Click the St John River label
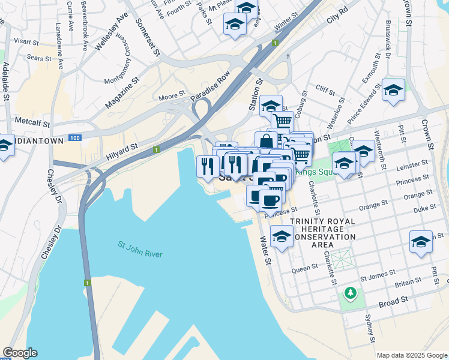[140, 250]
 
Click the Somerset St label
[148, 37]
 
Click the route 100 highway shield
[74, 138]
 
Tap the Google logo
[20, 353]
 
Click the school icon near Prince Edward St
[393, 91]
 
